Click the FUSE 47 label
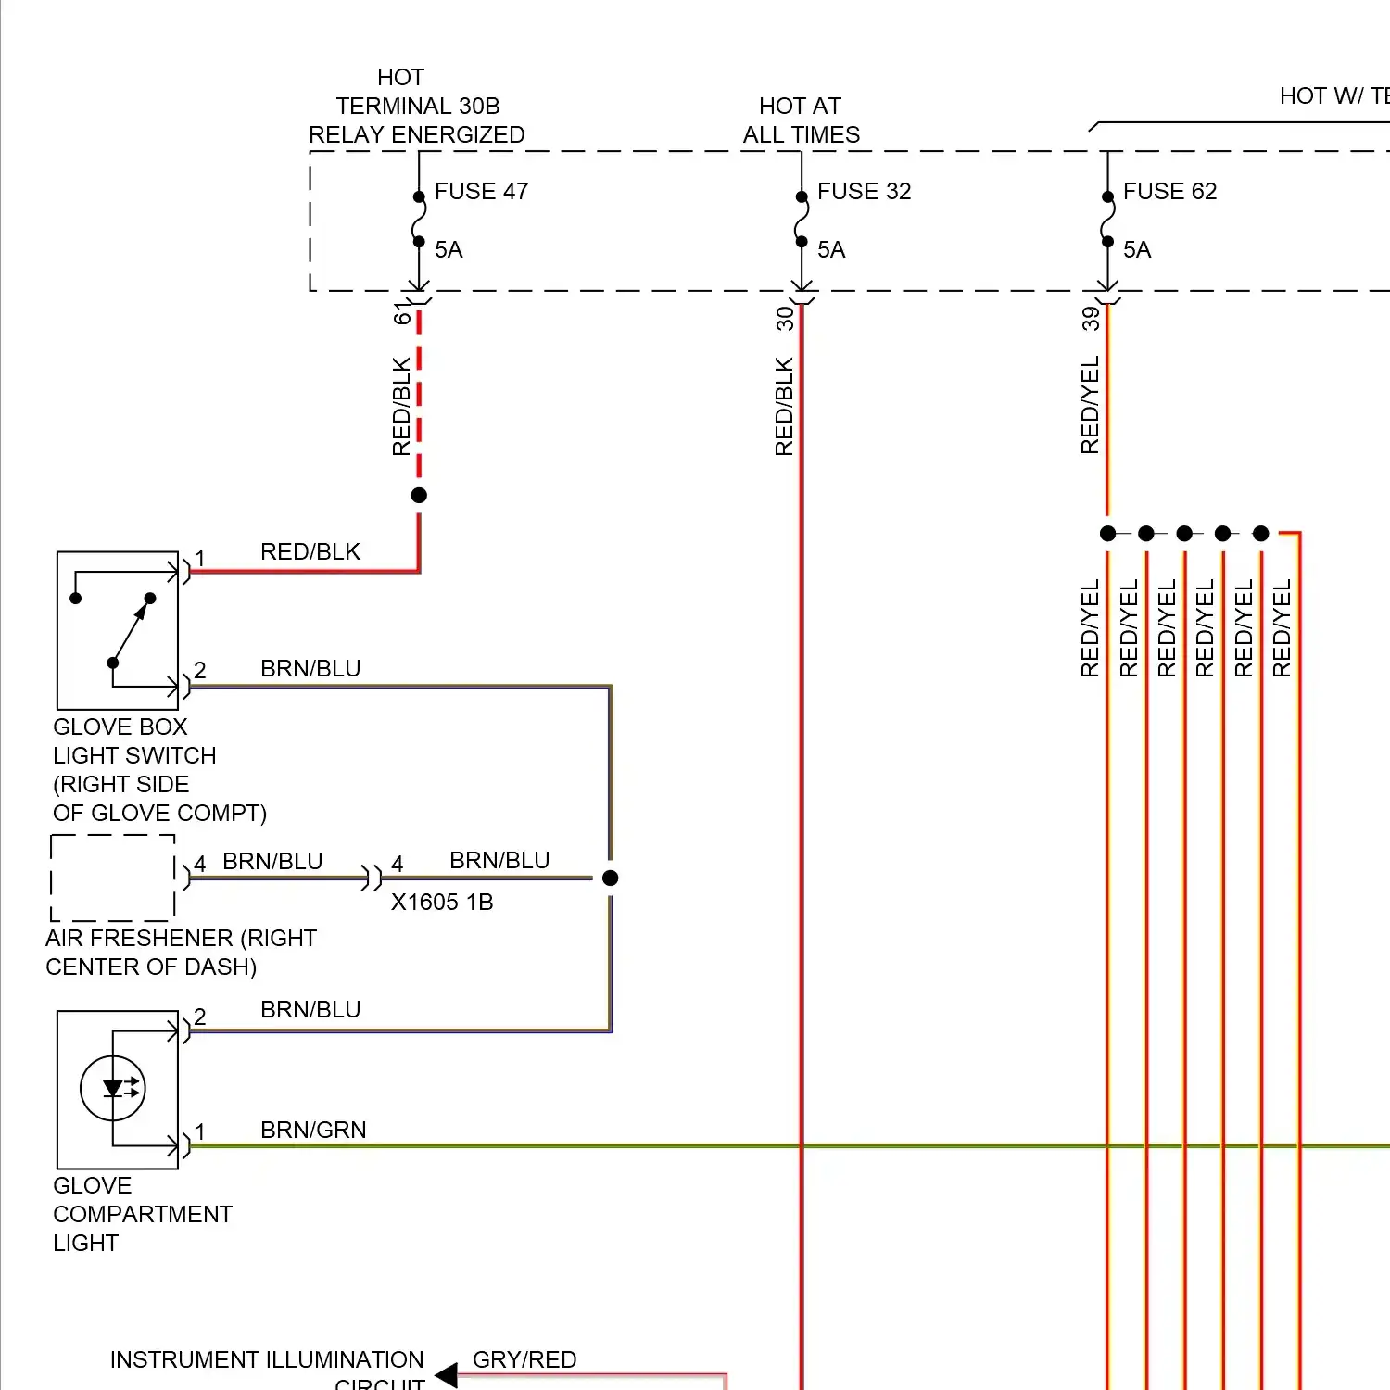[481, 192]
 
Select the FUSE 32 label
[864, 192]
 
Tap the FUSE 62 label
[1169, 192]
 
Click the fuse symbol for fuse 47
[419, 220]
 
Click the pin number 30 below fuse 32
[785, 319]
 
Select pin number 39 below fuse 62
[1091, 319]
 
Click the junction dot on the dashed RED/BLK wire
[419, 496]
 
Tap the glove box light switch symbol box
[118, 631]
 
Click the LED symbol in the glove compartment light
[113, 1089]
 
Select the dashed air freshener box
[113, 878]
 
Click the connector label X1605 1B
[442, 903]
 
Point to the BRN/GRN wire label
[313, 1131]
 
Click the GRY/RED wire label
[524, 1359]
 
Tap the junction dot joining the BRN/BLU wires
[610, 878]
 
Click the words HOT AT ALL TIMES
[801, 120]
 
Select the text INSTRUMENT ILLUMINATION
[267, 1359]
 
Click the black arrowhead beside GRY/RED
[447, 1374]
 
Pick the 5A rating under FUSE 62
[1137, 250]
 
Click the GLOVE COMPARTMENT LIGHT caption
[143, 1214]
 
